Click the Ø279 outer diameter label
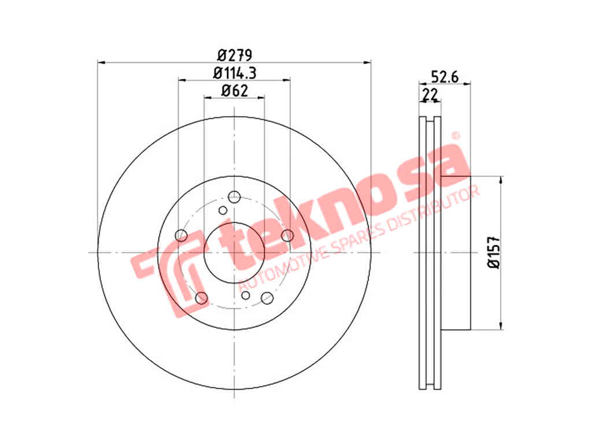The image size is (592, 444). coord(235,55)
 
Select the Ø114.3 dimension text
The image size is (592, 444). coord(235,73)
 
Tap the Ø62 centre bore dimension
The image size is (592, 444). coord(235,91)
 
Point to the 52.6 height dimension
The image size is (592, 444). coord(445,77)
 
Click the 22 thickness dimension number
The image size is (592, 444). coord(430,94)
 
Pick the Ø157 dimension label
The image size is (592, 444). coord(494,253)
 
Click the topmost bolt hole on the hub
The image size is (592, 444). coord(235,197)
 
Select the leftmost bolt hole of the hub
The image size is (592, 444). coord(181,235)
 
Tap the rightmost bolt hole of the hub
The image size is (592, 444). coord(287,235)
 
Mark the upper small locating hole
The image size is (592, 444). coord(223,210)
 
